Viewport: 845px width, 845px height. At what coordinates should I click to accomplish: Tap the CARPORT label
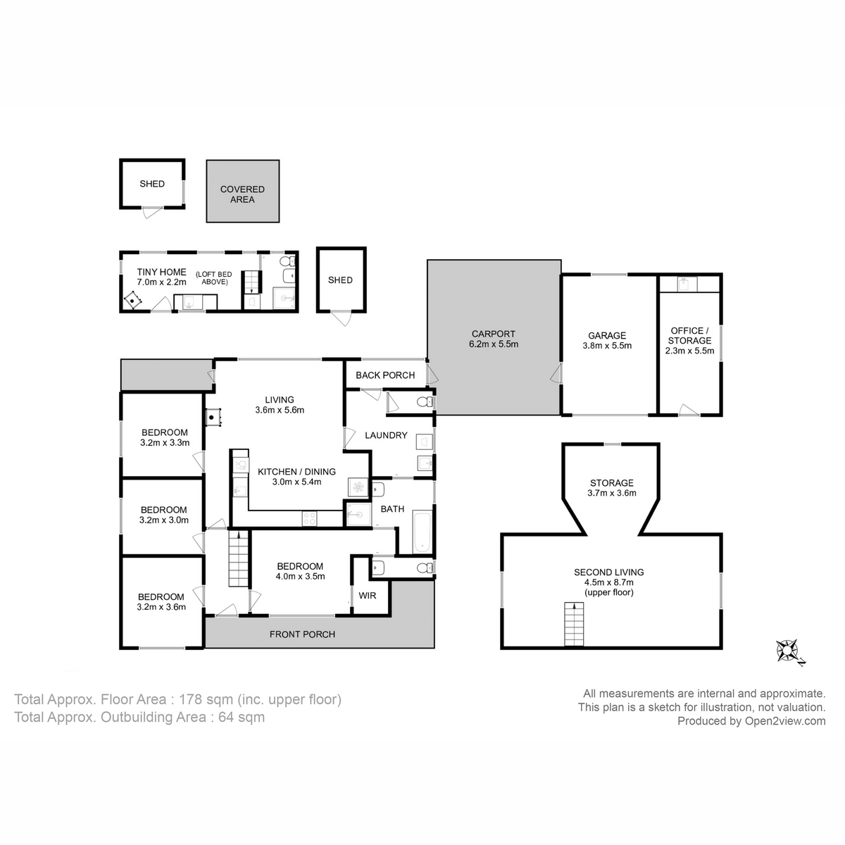[494, 334]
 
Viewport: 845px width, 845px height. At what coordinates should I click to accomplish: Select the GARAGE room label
[607, 335]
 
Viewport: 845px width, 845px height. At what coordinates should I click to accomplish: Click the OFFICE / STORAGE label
[689, 335]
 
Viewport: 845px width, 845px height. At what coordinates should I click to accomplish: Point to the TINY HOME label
[161, 272]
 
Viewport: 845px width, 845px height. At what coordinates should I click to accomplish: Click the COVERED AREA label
[242, 194]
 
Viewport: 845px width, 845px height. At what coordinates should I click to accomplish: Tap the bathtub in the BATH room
[422, 531]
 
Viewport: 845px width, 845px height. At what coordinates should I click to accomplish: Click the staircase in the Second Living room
[574, 624]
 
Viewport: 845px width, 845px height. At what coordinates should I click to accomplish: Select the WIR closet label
[367, 596]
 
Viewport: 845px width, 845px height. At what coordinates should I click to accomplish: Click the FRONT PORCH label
[303, 634]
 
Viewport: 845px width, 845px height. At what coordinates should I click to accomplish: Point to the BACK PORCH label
[385, 375]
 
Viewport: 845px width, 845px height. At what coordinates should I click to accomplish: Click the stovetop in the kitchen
[310, 519]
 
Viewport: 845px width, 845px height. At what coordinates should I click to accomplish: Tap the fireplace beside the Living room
[213, 416]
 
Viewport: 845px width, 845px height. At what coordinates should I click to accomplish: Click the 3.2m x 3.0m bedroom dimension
[164, 520]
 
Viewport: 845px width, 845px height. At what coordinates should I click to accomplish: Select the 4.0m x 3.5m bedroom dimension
[301, 576]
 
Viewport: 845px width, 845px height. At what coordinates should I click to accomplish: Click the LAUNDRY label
[387, 435]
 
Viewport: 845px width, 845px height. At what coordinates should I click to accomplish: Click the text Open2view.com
[785, 721]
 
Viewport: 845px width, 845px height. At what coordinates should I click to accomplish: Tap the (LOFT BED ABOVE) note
[214, 278]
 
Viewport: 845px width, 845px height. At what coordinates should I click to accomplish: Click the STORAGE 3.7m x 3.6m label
[612, 487]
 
